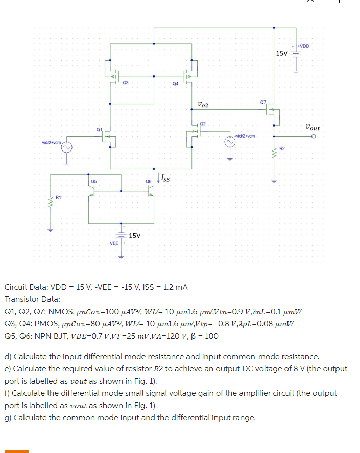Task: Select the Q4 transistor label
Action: pyautogui.click(x=175, y=83)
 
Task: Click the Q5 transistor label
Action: pyautogui.click(x=94, y=181)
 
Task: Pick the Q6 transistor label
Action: pyautogui.click(x=148, y=181)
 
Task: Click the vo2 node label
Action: pyautogui.click(x=202, y=105)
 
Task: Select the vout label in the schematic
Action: pyautogui.click(x=312, y=127)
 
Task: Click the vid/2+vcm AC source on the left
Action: pyautogui.click(x=66, y=148)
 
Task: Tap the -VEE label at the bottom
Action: pyautogui.click(x=113, y=243)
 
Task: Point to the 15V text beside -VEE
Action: pyautogui.click(x=135, y=235)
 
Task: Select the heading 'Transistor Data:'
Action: pyautogui.click(x=32, y=299)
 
